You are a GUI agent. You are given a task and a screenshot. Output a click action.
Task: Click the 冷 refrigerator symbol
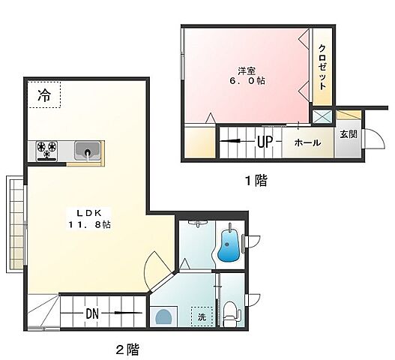(x=45, y=96)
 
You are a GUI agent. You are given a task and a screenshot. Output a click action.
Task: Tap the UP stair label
(x=264, y=142)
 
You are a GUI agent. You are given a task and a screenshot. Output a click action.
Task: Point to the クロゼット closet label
(x=322, y=67)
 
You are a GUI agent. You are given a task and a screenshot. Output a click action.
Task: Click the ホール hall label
(x=307, y=142)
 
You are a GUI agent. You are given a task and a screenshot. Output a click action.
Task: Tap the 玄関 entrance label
(x=349, y=135)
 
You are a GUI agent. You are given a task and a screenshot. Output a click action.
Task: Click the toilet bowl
(x=230, y=313)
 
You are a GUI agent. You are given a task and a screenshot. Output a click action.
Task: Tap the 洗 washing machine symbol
(x=200, y=317)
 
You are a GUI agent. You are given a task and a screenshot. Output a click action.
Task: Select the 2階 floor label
(x=126, y=349)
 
